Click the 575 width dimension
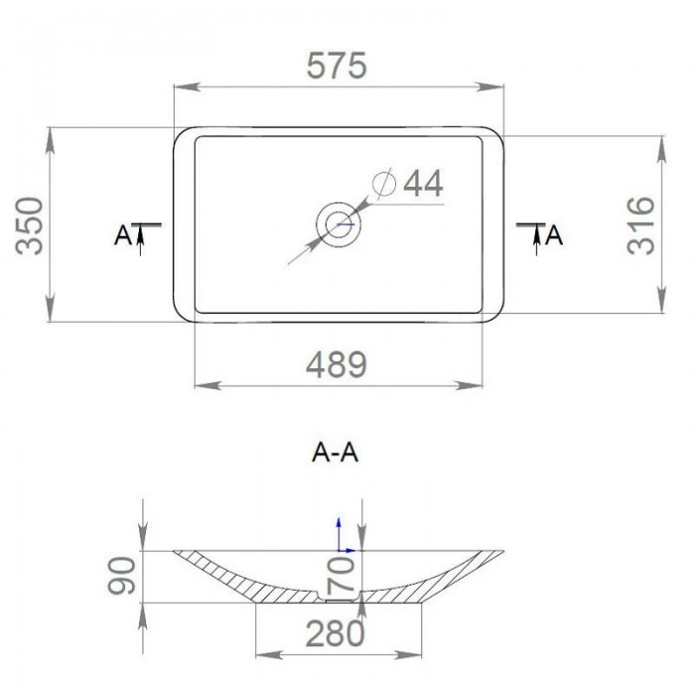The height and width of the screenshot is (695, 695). pyautogui.click(x=338, y=66)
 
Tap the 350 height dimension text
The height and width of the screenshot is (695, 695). pyautogui.click(x=29, y=226)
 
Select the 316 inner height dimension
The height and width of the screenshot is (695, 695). pyautogui.click(x=641, y=226)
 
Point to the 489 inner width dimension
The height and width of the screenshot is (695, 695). pyautogui.click(x=337, y=364)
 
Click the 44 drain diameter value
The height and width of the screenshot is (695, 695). pyautogui.click(x=423, y=183)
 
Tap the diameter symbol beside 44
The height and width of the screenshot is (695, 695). pyautogui.click(x=384, y=183)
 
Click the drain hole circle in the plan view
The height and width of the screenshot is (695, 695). pyautogui.click(x=339, y=223)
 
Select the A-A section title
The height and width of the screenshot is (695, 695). pyautogui.click(x=336, y=453)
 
